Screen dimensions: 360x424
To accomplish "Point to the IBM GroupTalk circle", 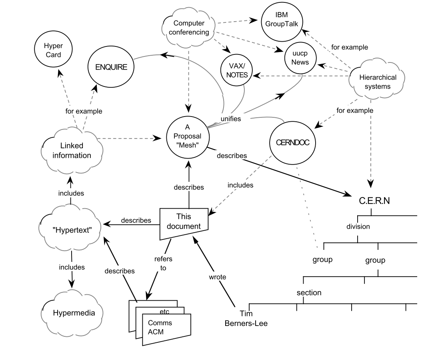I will pyautogui.click(x=282, y=20).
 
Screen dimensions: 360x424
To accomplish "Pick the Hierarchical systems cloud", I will pyautogui.click(x=375, y=82).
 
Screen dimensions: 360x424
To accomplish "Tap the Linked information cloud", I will pyautogui.click(x=72, y=150).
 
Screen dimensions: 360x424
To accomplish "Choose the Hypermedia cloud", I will pyautogui.click(x=74, y=312).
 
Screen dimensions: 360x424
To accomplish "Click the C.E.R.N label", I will pyautogui.click(x=372, y=201).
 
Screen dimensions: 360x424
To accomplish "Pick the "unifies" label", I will pyautogui.click(x=230, y=119).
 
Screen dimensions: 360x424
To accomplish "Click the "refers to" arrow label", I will pyautogui.click(x=163, y=263).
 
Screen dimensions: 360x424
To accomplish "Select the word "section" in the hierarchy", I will pyautogui.click(x=309, y=292).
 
